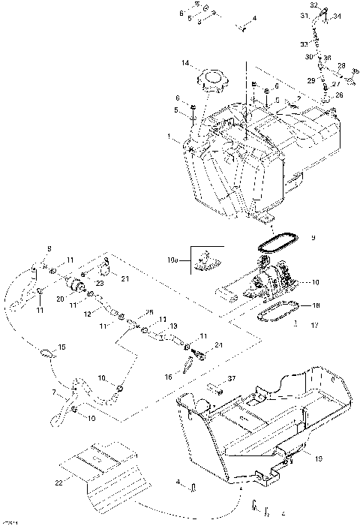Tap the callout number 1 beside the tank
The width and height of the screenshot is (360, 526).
pyautogui.click(x=170, y=137)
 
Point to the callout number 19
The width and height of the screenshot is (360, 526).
pyautogui.click(x=319, y=458)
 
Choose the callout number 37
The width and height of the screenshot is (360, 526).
pyautogui.click(x=232, y=379)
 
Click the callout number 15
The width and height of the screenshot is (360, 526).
pyautogui.click(x=61, y=347)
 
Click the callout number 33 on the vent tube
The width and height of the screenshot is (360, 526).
pyautogui.click(x=304, y=44)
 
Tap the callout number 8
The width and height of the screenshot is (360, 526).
pyautogui.click(x=49, y=248)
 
